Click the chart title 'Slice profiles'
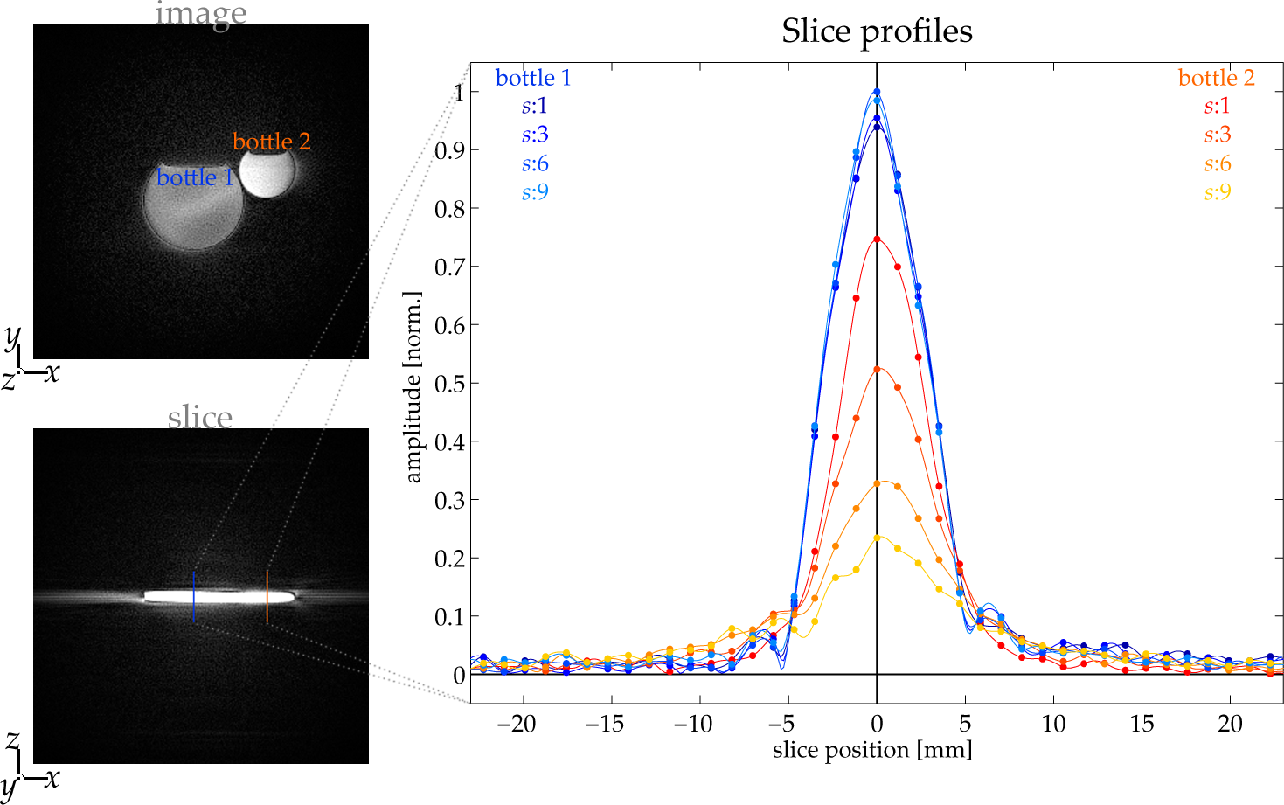(877, 31)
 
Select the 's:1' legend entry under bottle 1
(534, 107)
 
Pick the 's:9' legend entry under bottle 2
(1217, 192)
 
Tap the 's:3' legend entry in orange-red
(1217, 135)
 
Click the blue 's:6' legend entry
(534, 163)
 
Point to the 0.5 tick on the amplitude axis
(449, 383)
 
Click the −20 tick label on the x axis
(516, 724)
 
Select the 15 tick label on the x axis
(1142, 724)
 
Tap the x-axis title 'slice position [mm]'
(871, 750)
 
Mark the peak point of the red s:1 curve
(877, 239)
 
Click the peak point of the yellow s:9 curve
(877, 538)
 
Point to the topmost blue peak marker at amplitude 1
(877, 91)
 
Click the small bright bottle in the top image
(266, 174)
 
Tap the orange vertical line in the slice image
(267, 596)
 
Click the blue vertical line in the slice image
(194, 596)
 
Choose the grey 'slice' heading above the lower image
(200, 417)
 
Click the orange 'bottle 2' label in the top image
(271, 142)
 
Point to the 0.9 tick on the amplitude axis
(449, 150)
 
